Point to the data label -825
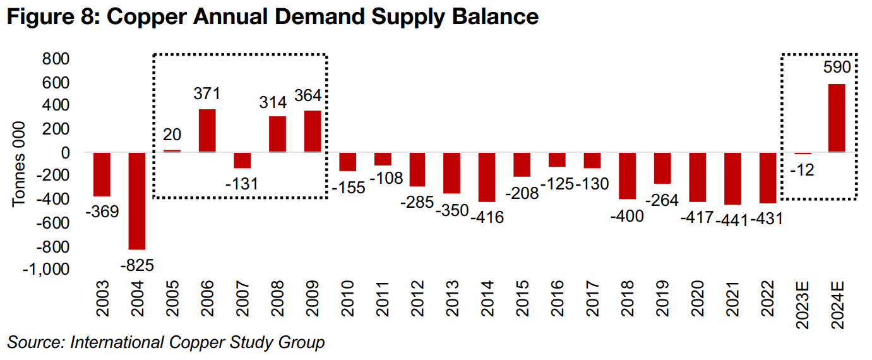(136, 265)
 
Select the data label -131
(242, 184)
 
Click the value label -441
(732, 219)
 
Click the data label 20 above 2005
(172, 135)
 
